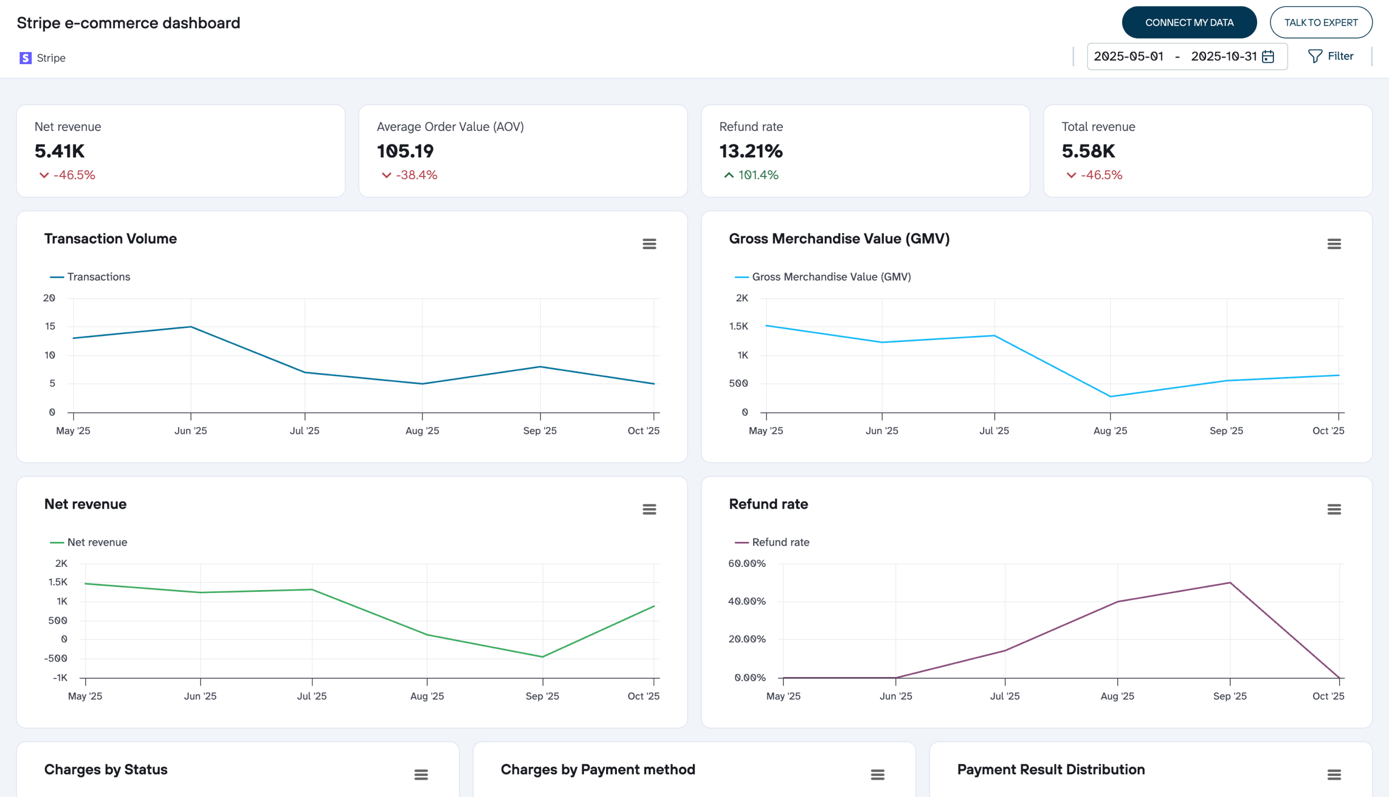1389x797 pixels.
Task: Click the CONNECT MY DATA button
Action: pyautogui.click(x=1189, y=22)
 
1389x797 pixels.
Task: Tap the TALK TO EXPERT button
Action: pyautogui.click(x=1321, y=22)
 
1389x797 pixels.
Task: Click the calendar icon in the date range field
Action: pyautogui.click(x=1268, y=56)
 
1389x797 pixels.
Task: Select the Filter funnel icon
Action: pyautogui.click(x=1315, y=56)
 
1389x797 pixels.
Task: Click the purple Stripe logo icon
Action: pyautogui.click(x=25, y=58)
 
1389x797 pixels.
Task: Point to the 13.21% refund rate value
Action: pyautogui.click(x=750, y=151)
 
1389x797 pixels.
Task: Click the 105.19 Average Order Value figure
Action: pyautogui.click(x=405, y=151)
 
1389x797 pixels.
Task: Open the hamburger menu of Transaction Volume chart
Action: pyautogui.click(x=649, y=244)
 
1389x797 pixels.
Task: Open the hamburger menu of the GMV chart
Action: pyautogui.click(x=1334, y=244)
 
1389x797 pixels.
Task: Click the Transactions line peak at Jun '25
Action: pyautogui.click(x=190, y=327)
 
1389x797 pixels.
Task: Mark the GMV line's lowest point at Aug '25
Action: pyautogui.click(x=1110, y=396)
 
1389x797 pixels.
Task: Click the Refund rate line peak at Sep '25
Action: pyautogui.click(x=1230, y=583)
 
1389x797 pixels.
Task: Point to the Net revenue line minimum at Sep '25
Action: pyautogui.click(x=542, y=657)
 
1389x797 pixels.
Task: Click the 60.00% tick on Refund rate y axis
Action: pyautogui.click(x=747, y=563)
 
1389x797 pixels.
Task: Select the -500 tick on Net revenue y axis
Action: pyautogui.click(x=55, y=658)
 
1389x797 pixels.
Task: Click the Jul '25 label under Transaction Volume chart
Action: pyautogui.click(x=304, y=431)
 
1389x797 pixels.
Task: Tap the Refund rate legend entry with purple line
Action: pyautogui.click(x=772, y=542)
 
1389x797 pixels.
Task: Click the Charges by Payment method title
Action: pyautogui.click(x=597, y=769)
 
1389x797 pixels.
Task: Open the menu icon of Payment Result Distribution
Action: pyautogui.click(x=1334, y=775)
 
